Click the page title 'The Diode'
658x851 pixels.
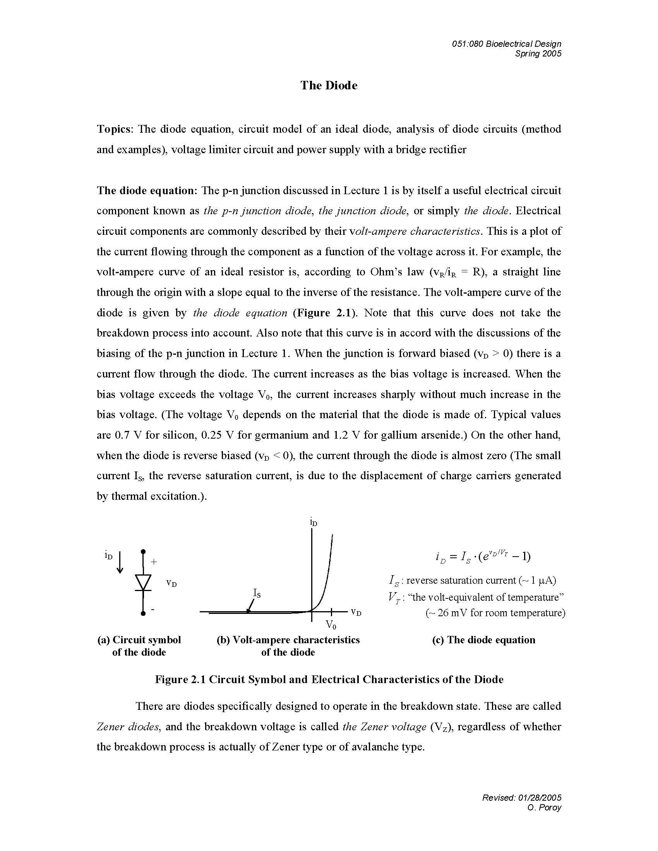click(x=329, y=85)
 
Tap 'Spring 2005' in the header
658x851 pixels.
click(x=538, y=54)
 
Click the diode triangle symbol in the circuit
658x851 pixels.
click(x=143, y=582)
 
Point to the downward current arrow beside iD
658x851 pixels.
click(x=120, y=562)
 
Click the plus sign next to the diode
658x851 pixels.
click(x=154, y=562)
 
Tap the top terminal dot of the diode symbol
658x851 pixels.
click(x=144, y=551)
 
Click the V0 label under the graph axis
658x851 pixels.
click(x=331, y=625)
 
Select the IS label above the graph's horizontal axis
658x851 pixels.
click(x=257, y=593)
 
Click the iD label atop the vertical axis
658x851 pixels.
click(x=313, y=522)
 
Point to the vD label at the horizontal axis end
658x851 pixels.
click(x=356, y=612)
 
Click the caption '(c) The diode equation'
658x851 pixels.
click(x=483, y=640)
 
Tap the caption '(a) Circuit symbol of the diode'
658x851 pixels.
click(x=139, y=646)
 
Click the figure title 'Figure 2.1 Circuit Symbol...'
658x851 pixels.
click(x=329, y=679)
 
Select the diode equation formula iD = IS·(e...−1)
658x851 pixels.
click(x=483, y=556)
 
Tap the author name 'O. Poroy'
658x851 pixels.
click(x=544, y=807)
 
